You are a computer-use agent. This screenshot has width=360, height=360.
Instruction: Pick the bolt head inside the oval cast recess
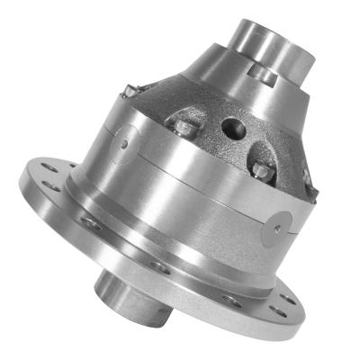click(260, 168)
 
